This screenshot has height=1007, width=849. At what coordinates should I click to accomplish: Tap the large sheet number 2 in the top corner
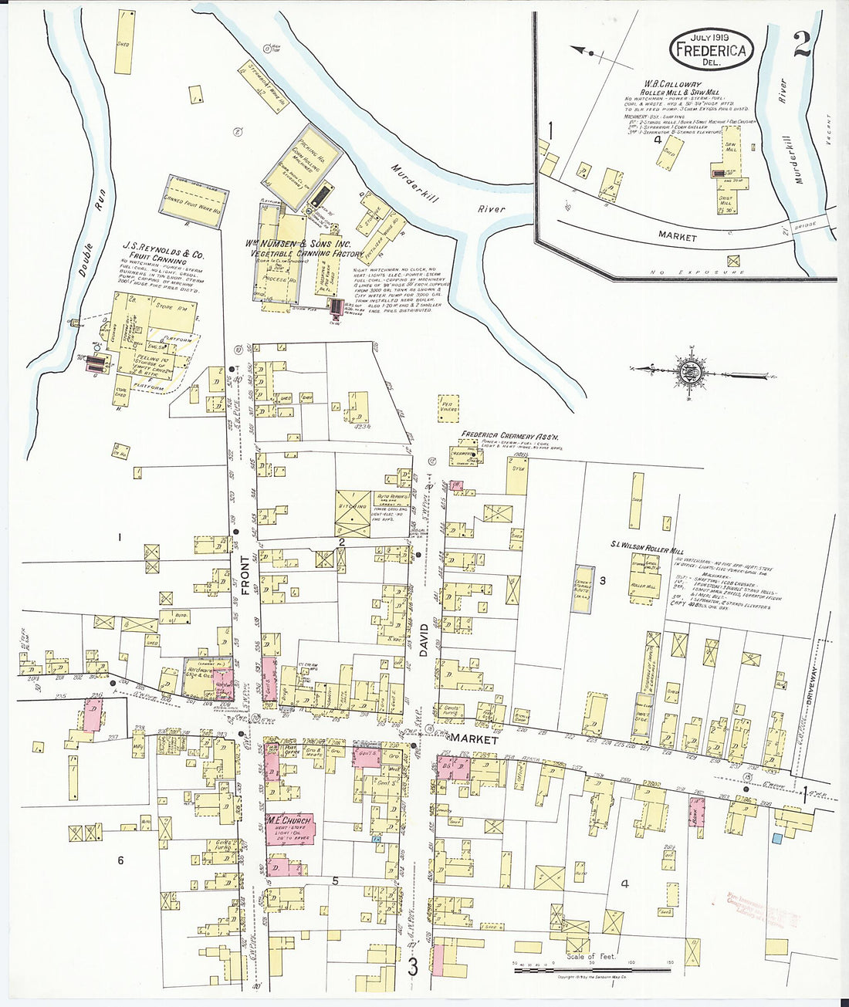[800, 45]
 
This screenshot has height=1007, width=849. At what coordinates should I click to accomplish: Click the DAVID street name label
[423, 640]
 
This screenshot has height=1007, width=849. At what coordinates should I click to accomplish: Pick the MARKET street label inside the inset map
[677, 238]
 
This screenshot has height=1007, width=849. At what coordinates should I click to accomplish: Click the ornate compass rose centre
[687, 373]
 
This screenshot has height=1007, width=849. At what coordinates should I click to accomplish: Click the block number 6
[120, 860]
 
